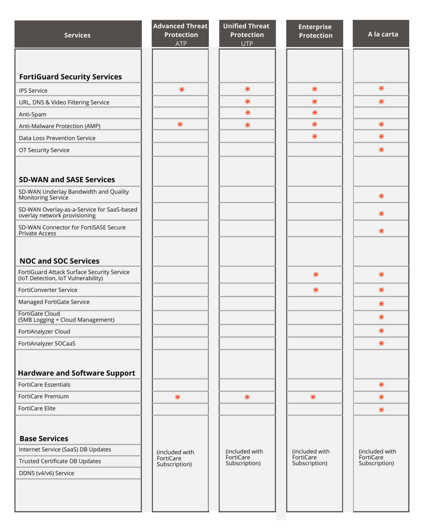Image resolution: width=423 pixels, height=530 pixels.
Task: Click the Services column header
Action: click(x=78, y=35)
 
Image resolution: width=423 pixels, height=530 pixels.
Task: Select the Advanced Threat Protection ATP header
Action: click(x=180, y=34)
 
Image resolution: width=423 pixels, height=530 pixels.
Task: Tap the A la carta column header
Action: click(x=383, y=34)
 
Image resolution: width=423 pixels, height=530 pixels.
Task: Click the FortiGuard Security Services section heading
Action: click(x=70, y=77)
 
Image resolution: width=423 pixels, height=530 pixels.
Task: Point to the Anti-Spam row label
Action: click(x=32, y=114)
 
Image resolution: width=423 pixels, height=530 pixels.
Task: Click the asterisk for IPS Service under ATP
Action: click(x=182, y=90)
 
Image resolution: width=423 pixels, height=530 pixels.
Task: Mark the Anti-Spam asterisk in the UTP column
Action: click(x=248, y=113)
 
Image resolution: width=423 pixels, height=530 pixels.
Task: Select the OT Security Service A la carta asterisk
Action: click(x=381, y=150)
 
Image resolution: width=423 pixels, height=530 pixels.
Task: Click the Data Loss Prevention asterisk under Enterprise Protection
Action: click(x=314, y=137)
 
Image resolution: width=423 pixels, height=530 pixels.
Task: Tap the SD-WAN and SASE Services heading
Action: click(x=67, y=179)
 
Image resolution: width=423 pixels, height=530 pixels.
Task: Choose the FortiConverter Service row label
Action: click(x=48, y=290)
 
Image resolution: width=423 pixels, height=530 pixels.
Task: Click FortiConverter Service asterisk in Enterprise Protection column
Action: click(x=315, y=290)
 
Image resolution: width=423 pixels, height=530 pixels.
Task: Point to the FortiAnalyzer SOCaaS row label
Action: click(x=47, y=343)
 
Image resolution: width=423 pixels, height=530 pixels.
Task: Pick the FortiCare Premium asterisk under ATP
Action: click(x=178, y=397)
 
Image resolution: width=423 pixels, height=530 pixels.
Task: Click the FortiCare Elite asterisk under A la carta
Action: click(x=381, y=410)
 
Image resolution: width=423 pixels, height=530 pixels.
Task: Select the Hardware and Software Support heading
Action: click(x=77, y=373)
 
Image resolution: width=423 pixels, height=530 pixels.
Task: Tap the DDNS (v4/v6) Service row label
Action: click(x=47, y=473)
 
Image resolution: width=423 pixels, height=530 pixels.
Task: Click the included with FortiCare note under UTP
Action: click(x=244, y=457)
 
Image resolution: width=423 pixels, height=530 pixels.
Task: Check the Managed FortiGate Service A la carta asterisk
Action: click(x=381, y=304)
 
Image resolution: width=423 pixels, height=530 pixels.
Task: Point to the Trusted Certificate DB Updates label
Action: click(x=60, y=461)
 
